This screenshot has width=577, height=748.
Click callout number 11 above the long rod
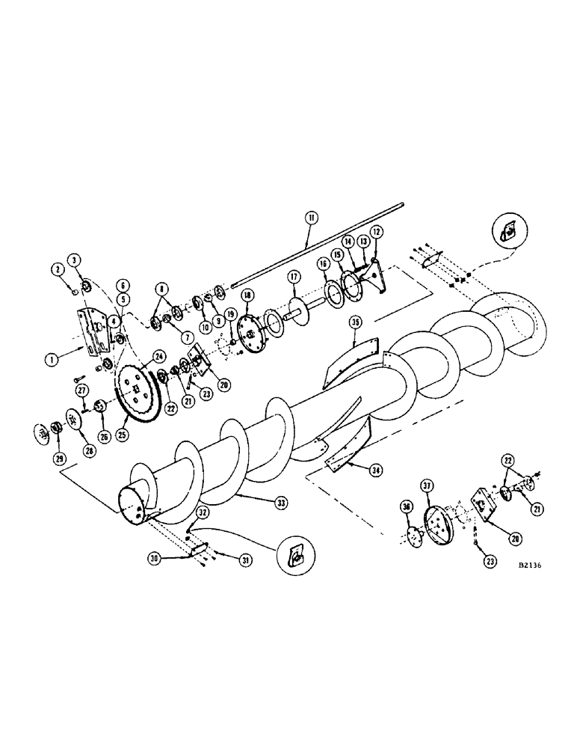pos(312,218)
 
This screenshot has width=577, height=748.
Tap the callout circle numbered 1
pos(52,359)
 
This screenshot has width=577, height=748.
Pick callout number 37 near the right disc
pos(428,488)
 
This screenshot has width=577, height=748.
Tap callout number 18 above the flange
pos(247,295)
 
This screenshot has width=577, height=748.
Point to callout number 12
pos(375,232)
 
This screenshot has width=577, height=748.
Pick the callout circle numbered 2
pos(56,269)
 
